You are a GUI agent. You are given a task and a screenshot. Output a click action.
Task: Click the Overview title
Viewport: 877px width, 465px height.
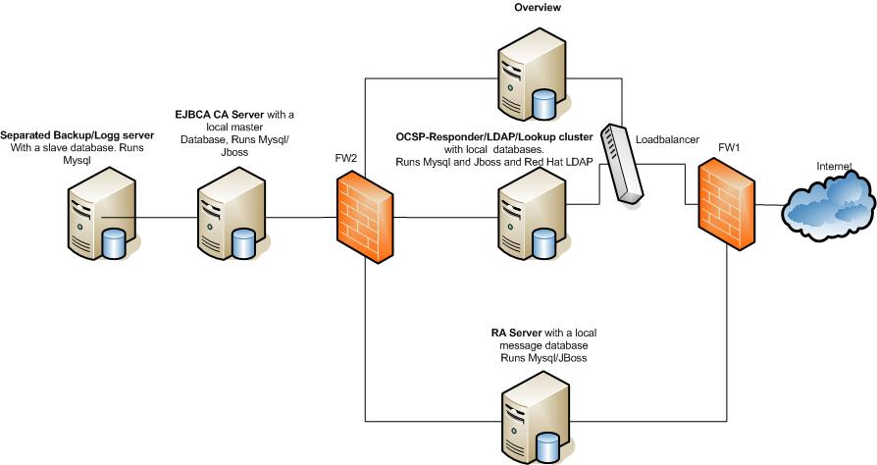(538, 8)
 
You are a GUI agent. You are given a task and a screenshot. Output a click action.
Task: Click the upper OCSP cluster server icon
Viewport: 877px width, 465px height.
(524, 74)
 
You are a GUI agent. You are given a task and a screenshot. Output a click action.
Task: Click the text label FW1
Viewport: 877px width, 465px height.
(729, 146)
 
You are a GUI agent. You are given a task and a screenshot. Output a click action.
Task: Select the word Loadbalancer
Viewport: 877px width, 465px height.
(667, 140)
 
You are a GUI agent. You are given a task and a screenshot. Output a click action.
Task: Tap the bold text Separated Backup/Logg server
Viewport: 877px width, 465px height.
(64, 133)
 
